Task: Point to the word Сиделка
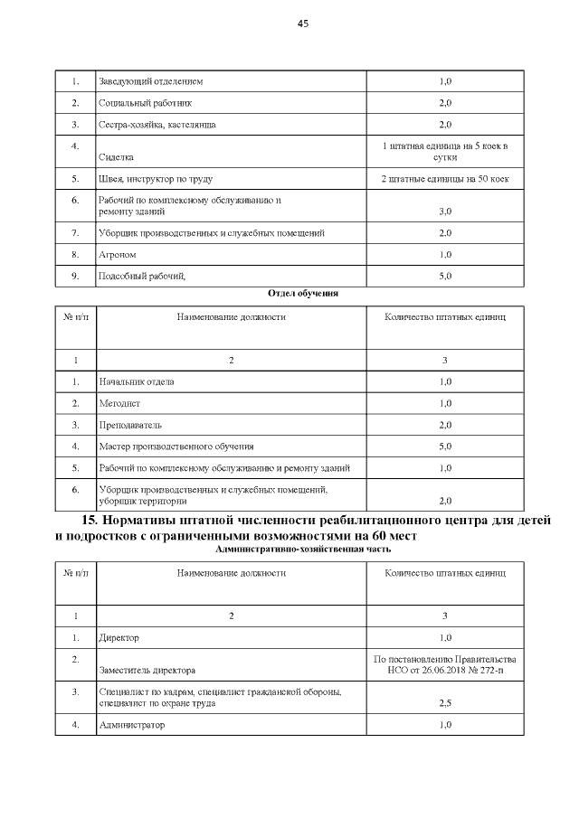pos(116,156)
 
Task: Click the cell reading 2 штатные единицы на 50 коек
pos(445,179)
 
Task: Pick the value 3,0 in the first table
pos(445,212)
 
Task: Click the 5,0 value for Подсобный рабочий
pos(445,276)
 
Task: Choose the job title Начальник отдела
pos(136,381)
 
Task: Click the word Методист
pos(119,403)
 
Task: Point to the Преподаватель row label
pos(132,425)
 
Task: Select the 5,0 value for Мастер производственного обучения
pos(445,447)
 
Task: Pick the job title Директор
pos(119,638)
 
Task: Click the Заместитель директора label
pos(147,670)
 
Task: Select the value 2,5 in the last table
pos(445,702)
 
